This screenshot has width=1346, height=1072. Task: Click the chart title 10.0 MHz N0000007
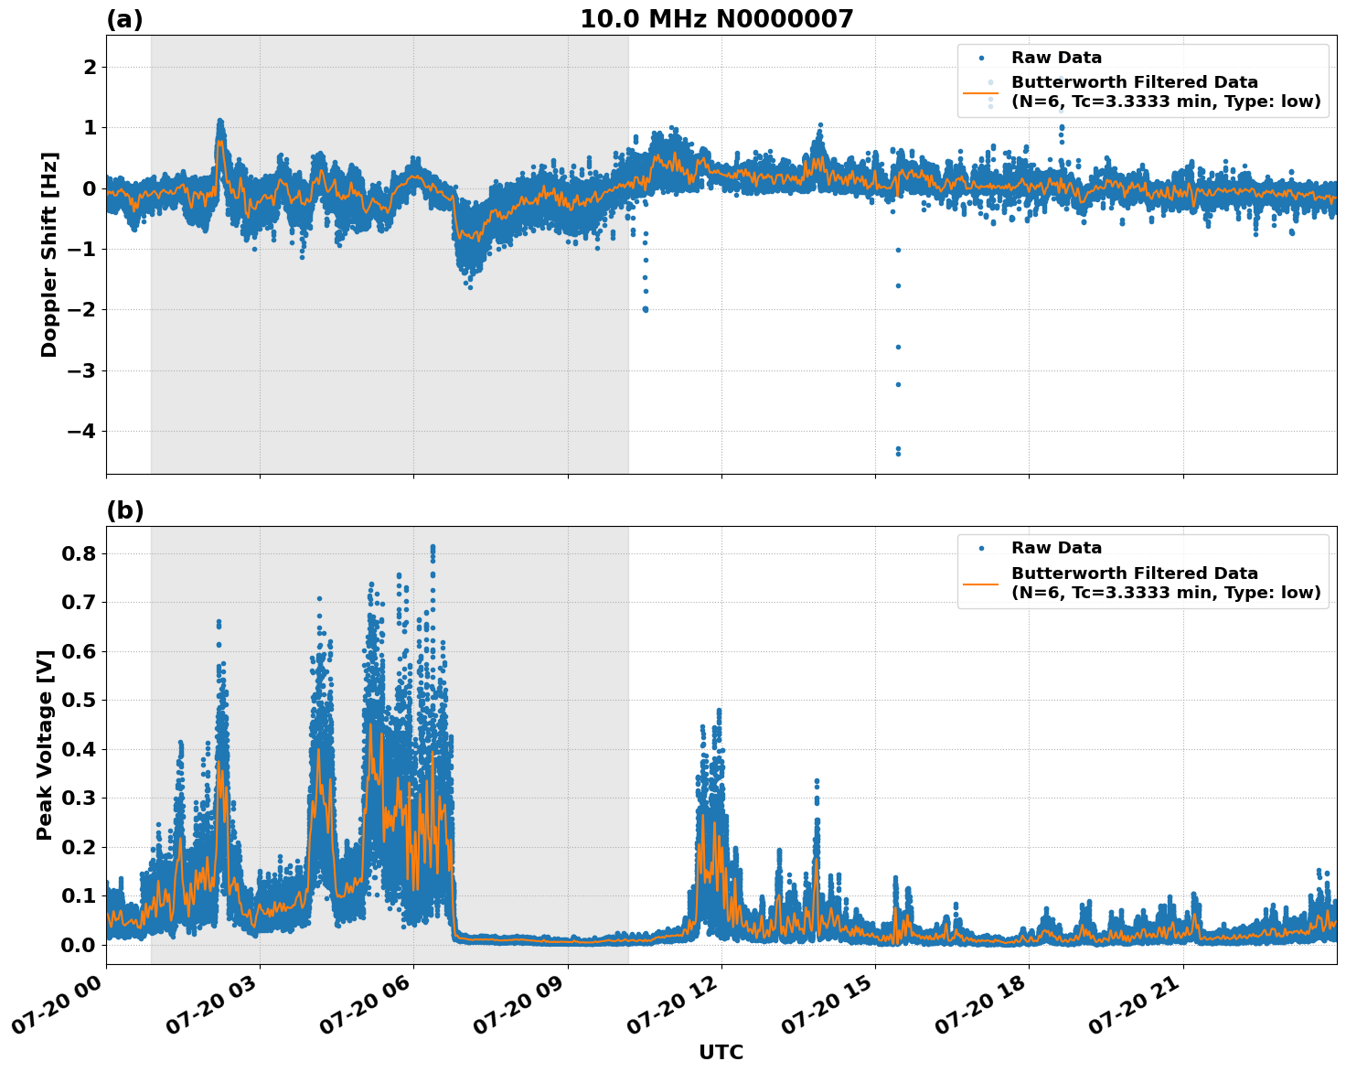[x=716, y=19]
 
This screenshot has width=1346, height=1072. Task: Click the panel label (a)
[x=124, y=19]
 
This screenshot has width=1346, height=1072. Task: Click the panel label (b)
[x=124, y=510]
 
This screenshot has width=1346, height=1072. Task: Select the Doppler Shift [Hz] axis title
[x=49, y=254]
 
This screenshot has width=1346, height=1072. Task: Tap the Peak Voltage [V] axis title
[x=45, y=745]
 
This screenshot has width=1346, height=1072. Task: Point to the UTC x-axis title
[x=721, y=1052]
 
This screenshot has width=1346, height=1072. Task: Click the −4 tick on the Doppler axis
[x=83, y=431]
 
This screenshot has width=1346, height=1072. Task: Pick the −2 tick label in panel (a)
[x=83, y=309]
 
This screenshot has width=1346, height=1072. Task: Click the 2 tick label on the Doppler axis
[x=91, y=67]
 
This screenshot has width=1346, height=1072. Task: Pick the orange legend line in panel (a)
[x=980, y=92]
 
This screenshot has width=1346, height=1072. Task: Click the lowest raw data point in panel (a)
[x=898, y=454]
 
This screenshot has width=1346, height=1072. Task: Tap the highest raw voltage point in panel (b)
[x=433, y=547]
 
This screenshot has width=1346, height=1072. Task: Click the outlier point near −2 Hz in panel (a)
[x=645, y=309]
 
